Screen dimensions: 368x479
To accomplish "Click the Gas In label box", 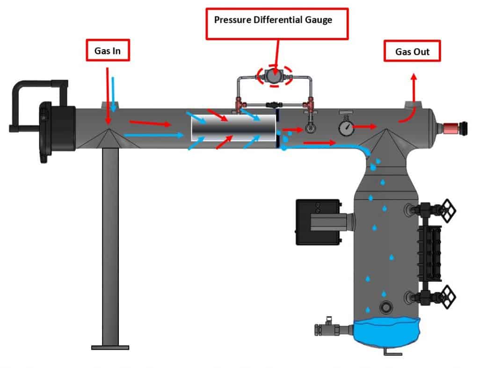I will click(x=107, y=51).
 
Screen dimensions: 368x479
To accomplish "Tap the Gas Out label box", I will click(x=412, y=51).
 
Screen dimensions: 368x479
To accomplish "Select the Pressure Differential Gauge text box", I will click(x=277, y=23).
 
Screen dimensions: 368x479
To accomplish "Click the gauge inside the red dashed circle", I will click(x=275, y=75).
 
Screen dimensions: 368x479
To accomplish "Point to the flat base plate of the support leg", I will click(x=110, y=347).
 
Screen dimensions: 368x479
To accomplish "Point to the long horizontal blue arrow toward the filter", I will click(x=155, y=136).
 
